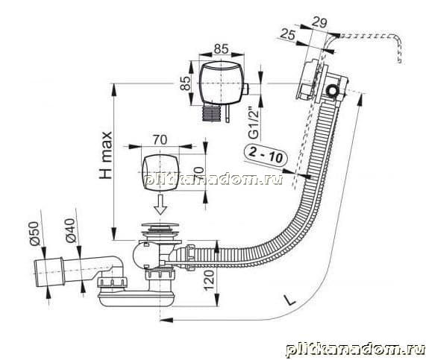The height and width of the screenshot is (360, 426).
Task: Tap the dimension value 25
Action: coord(288,34)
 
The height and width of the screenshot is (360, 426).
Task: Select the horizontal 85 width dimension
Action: coord(221,49)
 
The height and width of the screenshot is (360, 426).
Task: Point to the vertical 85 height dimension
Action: coord(186,83)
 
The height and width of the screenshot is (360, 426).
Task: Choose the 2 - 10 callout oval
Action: coord(266,154)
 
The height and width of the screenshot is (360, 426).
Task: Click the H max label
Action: coord(106,155)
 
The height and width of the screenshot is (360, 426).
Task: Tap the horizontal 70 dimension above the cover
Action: coord(160,140)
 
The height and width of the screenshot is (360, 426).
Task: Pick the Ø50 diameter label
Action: coord(35,234)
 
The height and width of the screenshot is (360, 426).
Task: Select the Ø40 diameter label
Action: coord(70,230)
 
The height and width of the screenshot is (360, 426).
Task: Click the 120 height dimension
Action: coord(209,281)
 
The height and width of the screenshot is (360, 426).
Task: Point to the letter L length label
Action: coord(290,300)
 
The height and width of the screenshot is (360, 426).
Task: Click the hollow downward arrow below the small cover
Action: coord(160,204)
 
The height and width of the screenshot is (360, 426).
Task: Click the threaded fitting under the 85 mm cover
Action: coord(211,113)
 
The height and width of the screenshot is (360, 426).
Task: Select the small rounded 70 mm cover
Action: coord(160,172)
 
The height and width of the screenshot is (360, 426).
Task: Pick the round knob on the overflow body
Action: coord(332,91)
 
